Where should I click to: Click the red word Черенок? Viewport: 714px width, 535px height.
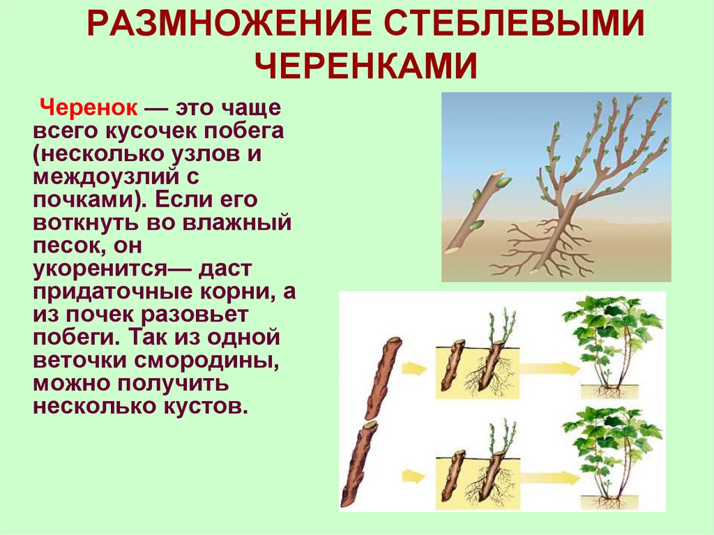[91, 110]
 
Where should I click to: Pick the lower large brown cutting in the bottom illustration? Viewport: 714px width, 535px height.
[358, 463]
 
